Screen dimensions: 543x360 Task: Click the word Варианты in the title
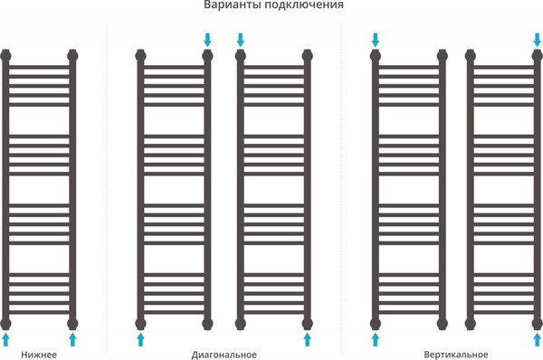pos(232,6)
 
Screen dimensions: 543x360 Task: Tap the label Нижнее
pos(39,354)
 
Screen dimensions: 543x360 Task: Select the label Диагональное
pos(224,354)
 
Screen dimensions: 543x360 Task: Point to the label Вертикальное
pos(456,354)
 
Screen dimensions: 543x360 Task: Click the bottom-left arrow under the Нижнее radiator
pos(6,338)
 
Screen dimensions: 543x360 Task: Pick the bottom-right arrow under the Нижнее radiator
pos(73,338)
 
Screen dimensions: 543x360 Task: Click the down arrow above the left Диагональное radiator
pos(207,39)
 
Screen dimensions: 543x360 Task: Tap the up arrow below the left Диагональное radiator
pos(140,338)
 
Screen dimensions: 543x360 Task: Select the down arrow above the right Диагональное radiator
pos(241,39)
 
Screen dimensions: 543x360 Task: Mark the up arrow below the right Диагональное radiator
pos(308,338)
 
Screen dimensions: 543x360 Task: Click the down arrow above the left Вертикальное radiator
pos(376,39)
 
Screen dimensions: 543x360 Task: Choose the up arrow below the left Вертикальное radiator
pos(376,338)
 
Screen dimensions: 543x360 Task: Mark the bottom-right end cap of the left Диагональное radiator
pos(207,321)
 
